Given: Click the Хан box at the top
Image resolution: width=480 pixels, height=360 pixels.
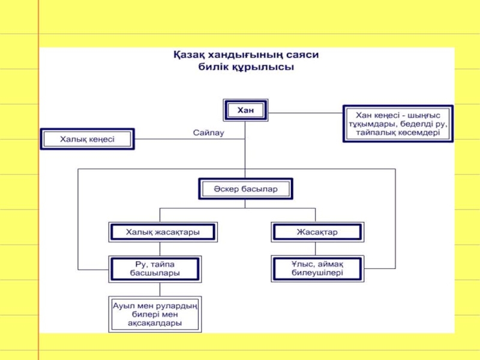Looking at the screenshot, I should click(x=245, y=110).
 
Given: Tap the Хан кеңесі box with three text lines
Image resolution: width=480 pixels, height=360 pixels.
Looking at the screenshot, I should click(x=398, y=123).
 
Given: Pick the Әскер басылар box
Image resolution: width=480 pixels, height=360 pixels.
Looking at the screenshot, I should click(x=245, y=189).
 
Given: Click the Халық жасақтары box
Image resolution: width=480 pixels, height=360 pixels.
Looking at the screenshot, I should click(x=163, y=232).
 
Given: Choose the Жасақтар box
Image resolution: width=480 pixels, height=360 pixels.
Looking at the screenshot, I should click(x=317, y=232).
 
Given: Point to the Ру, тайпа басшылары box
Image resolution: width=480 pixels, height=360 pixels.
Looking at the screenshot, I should click(x=155, y=268).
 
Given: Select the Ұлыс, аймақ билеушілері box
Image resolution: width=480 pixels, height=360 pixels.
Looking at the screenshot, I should click(x=317, y=268).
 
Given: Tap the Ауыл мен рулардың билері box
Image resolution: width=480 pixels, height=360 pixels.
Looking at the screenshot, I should click(x=155, y=314).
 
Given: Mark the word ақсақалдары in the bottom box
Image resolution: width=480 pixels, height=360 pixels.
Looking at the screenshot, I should click(x=155, y=323).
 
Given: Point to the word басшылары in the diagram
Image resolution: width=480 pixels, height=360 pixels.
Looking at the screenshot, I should click(x=155, y=273).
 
